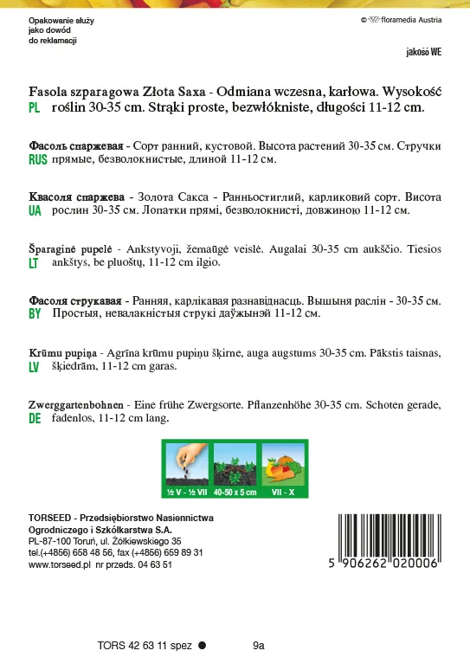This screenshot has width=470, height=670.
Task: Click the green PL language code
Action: point(35,109)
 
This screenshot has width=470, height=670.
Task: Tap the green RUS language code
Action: point(37,161)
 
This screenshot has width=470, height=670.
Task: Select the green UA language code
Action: point(35,210)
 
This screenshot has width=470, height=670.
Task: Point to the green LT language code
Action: point(34,262)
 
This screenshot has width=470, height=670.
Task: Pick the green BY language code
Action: point(35,314)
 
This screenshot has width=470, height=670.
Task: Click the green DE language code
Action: point(35,419)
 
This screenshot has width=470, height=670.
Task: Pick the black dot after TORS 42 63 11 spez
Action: point(202,645)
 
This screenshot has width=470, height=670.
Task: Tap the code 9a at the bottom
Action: point(258,645)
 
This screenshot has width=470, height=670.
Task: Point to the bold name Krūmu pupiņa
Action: point(63,354)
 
